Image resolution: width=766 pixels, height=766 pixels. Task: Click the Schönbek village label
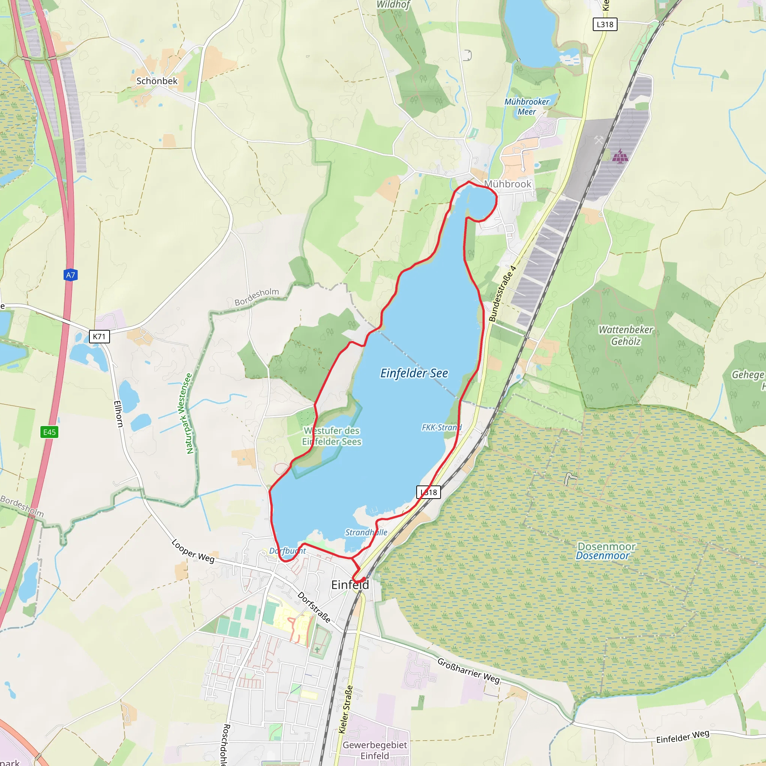(x=157, y=81)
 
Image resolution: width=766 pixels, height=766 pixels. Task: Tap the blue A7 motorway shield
(x=70, y=275)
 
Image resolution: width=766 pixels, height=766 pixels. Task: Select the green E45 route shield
(x=50, y=432)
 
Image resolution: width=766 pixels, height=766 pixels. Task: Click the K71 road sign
(x=99, y=337)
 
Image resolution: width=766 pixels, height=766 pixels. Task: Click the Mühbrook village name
(x=508, y=184)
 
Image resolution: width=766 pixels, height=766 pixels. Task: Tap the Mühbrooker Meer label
(x=527, y=107)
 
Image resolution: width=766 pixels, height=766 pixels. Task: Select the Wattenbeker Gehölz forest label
(x=626, y=335)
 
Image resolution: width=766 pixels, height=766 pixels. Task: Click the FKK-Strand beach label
(x=441, y=428)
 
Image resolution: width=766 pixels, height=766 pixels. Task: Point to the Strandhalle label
(x=366, y=532)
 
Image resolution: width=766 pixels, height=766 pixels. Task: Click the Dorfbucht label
(x=288, y=551)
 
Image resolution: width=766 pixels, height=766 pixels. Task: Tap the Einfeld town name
(x=350, y=585)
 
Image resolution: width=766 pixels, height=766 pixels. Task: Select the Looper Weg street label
(x=193, y=551)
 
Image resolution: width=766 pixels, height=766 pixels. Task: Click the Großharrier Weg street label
(x=468, y=670)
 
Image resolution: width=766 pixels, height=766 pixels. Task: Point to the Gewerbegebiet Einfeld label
(x=375, y=750)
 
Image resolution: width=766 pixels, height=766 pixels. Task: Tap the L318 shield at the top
(x=605, y=25)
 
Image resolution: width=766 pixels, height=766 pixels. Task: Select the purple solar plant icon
(x=620, y=156)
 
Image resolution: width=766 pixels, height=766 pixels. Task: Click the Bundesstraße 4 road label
(x=502, y=293)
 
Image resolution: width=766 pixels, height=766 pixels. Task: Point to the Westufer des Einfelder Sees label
(x=331, y=436)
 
